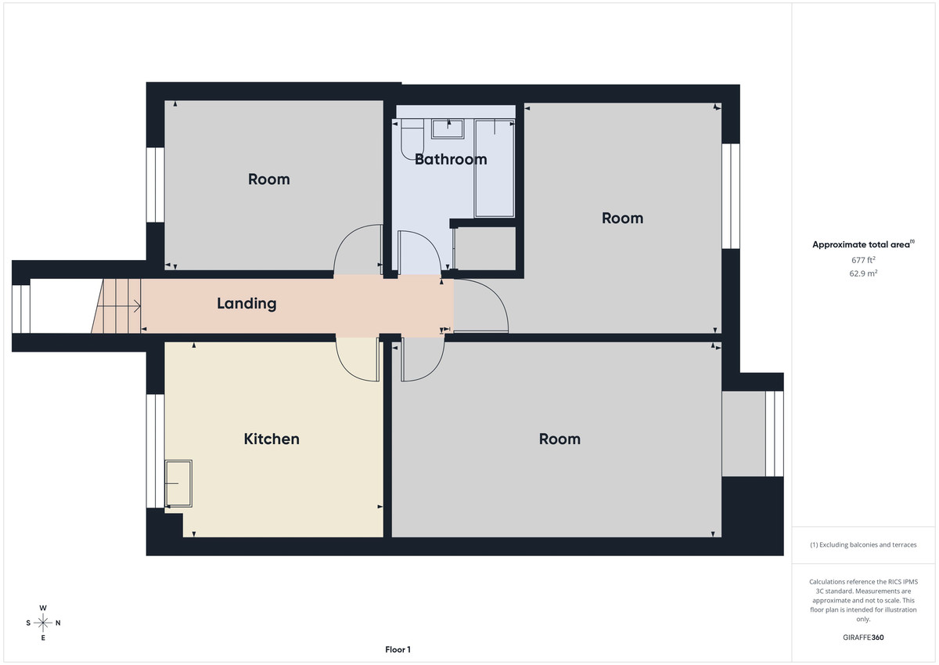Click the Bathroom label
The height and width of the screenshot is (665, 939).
point(451,159)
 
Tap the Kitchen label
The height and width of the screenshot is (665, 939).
point(272,439)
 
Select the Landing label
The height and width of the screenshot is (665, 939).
point(246,303)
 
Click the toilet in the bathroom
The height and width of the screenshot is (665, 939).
point(412,139)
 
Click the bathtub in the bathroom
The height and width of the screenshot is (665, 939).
point(495,168)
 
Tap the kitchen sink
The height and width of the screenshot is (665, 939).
point(178,483)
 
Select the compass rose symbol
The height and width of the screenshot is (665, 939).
point(43,623)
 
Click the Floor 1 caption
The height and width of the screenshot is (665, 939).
point(398,649)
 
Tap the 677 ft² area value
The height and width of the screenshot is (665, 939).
point(863,259)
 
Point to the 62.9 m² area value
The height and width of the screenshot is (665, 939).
point(863,273)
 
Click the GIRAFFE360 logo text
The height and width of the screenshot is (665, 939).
point(863,638)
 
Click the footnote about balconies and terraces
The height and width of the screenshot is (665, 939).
point(863,544)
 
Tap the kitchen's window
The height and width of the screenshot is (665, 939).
point(156,450)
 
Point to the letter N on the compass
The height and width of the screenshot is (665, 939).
point(58,623)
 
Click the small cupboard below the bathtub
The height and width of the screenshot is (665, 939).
point(485,249)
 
